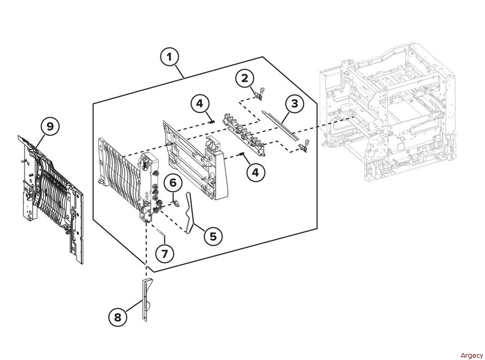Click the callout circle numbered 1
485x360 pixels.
pos(170,57)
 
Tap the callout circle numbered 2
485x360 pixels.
pos(245,78)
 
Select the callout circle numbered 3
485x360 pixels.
pos(295,103)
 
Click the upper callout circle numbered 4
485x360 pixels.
pos(200,103)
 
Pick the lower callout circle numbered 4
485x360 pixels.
pos(256,172)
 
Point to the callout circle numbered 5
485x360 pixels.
pos(213,236)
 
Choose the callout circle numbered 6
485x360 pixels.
pos(173,182)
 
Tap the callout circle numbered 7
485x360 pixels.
pos(165,254)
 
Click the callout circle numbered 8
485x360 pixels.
pos(118,317)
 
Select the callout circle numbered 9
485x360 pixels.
pos(50,126)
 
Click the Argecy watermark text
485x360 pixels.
pos(472,355)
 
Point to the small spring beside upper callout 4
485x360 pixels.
pos(212,121)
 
